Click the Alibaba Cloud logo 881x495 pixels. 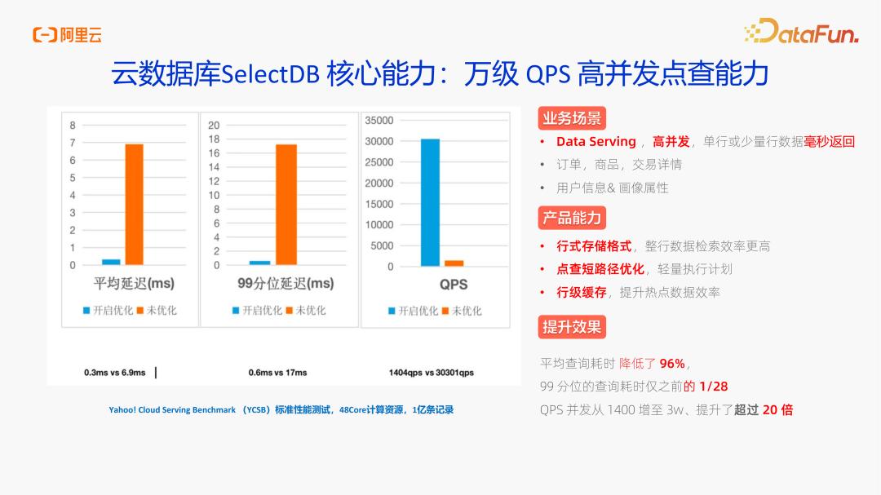pyautogui.click(x=67, y=34)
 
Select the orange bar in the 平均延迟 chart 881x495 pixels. pyautogui.click(x=134, y=204)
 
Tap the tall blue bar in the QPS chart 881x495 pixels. pyautogui.click(x=430, y=202)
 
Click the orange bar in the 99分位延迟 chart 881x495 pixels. pyautogui.click(x=286, y=204)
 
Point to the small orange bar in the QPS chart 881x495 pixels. pyautogui.click(x=454, y=263)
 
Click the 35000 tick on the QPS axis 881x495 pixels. pyautogui.click(x=379, y=120)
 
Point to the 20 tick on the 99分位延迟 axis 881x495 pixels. pyautogui.click(x=214, y=125)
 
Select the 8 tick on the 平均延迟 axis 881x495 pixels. pyautogui.click(x=73, y=125)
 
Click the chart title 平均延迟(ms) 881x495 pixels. pyautogui.click(x=133, y=284)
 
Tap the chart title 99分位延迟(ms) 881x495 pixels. pyautogui.click(x=285, y=284)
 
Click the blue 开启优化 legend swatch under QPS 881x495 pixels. pyautogui.click(x=392, y=311)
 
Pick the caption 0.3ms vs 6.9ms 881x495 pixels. pyautogui.click(x=114, y=373)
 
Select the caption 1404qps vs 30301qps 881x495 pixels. pyautogui.click(x=431, y=373)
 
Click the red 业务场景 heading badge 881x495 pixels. pyautogui.click(x=572, y=118)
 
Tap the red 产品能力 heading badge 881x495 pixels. pyautogui.click(x=572, y=218)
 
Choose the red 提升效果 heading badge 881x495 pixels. pyautogui.click(x=572, y=327)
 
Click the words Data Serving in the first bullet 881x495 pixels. pyautogui.click(x=595, y=142)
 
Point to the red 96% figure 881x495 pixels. pyautogui.click(x=673, y=364)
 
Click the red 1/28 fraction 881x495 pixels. pyautogui.click(x=714, y=387)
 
